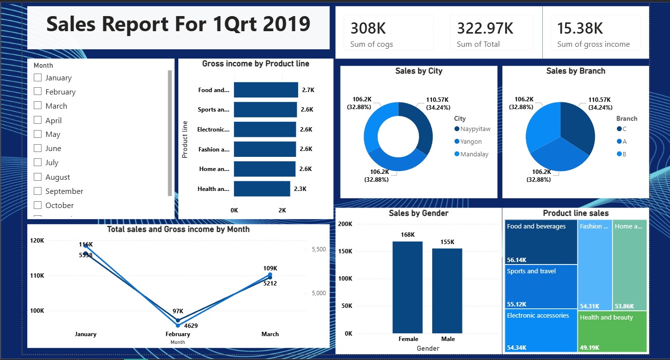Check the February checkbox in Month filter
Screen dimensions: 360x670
(x=38, y=92)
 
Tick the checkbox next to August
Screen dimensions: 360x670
(x=38, y=177)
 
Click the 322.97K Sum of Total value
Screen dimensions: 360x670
(x=485, y=28)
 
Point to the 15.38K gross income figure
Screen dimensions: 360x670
(x=580, y=28)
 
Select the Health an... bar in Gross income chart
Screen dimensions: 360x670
(x=262, y=189)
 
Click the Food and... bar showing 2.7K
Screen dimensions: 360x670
(x=266, y=90)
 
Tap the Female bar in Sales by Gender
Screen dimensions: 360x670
(x=407, y=287)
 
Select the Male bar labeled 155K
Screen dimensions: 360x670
(x=447, y=290)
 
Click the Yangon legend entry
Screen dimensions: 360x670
(x=471, y=141)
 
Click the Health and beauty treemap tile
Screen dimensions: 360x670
(x=612, y=331)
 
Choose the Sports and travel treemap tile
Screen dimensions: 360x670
(x=541, y=286)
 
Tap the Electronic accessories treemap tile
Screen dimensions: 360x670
(x=541, y=330)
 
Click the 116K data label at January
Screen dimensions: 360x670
(x=86, y=244)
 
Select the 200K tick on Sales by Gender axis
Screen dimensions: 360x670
(x=345, y=224)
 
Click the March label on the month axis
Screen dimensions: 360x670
(x=270, y=334)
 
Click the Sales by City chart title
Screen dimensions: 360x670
(x=419, y=71)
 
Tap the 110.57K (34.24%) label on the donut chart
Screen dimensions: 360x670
(x=438, y=104)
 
